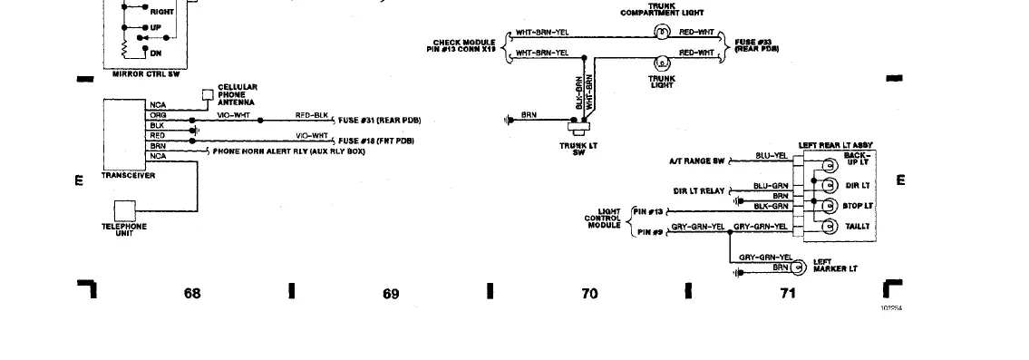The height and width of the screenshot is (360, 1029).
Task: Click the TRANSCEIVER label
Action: pos(128,175)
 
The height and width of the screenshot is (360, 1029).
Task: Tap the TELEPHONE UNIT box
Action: pos(123,209)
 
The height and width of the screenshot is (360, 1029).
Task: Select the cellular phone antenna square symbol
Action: pos(208,94)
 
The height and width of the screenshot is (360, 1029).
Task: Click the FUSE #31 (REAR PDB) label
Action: pos(379,121)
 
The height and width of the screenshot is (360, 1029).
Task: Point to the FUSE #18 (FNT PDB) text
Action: pos(375,141)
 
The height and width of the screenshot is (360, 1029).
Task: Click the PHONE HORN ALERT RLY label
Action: pos(287,151)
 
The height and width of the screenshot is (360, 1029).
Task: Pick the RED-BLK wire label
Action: pos(311,115)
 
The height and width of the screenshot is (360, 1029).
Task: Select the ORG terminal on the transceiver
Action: pos(158,115)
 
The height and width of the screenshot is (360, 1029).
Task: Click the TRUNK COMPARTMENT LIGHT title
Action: pos(662,10)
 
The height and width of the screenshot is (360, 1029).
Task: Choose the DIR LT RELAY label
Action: pos(699,191)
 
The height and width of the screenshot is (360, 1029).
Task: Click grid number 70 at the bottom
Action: pos(589,293)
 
